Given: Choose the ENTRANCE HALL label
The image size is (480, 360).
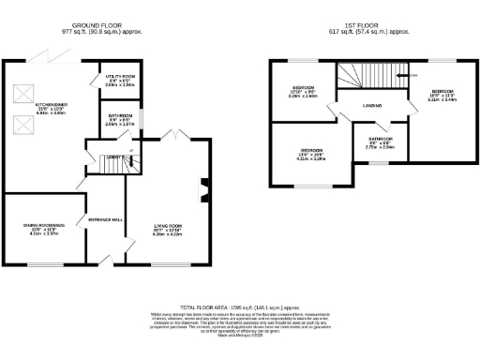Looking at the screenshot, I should (106, 219).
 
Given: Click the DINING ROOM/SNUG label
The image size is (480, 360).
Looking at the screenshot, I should (41, 225).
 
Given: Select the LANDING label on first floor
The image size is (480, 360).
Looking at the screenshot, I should (372, 105).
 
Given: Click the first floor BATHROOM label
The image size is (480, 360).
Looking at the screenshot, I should (366, 143).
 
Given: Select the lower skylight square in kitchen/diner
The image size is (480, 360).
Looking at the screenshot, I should (23, 123).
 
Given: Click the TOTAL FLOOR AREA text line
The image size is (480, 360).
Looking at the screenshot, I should (239, 307).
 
